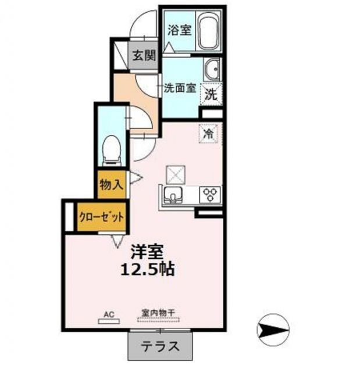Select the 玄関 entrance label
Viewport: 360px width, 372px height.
142,56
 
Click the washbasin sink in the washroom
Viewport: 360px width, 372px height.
212,71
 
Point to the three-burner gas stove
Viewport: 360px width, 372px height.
210,194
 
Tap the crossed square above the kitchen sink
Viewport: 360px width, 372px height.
176,173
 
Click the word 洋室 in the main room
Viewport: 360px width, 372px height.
146,252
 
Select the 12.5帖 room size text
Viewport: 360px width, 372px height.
147,270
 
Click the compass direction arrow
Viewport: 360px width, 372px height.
272,330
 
